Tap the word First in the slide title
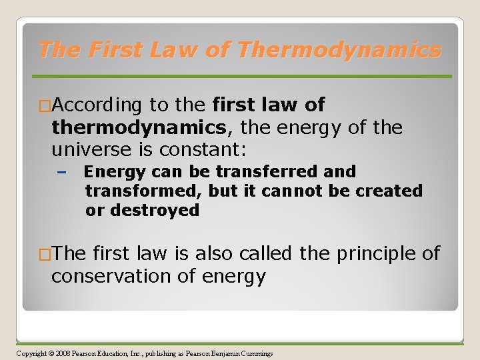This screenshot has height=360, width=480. pos(117,50)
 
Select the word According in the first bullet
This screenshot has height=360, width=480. pos(97,105)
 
